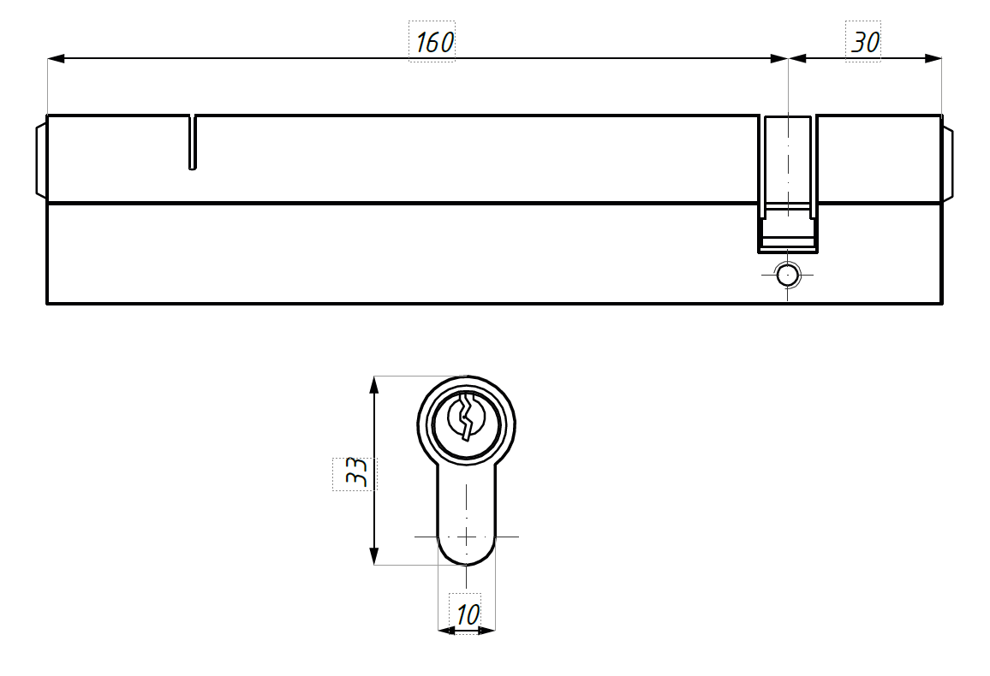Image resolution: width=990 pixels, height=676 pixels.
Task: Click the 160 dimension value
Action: pos(434,42)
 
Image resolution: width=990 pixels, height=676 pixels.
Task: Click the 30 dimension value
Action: pos(865,42)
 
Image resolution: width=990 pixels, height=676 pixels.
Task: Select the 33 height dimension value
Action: pos(356,472)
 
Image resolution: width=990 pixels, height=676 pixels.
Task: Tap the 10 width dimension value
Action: pos(468,614)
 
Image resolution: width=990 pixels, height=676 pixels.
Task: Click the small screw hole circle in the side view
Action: pos(787,276)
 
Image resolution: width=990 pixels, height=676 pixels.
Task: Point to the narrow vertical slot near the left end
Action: pos(193,143)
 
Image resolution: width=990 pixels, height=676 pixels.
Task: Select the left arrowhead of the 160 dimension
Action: pos(57,59)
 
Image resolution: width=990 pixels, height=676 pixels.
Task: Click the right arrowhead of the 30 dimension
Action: pos(933,59)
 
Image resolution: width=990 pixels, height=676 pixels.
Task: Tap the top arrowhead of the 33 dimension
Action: pos(374,385)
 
